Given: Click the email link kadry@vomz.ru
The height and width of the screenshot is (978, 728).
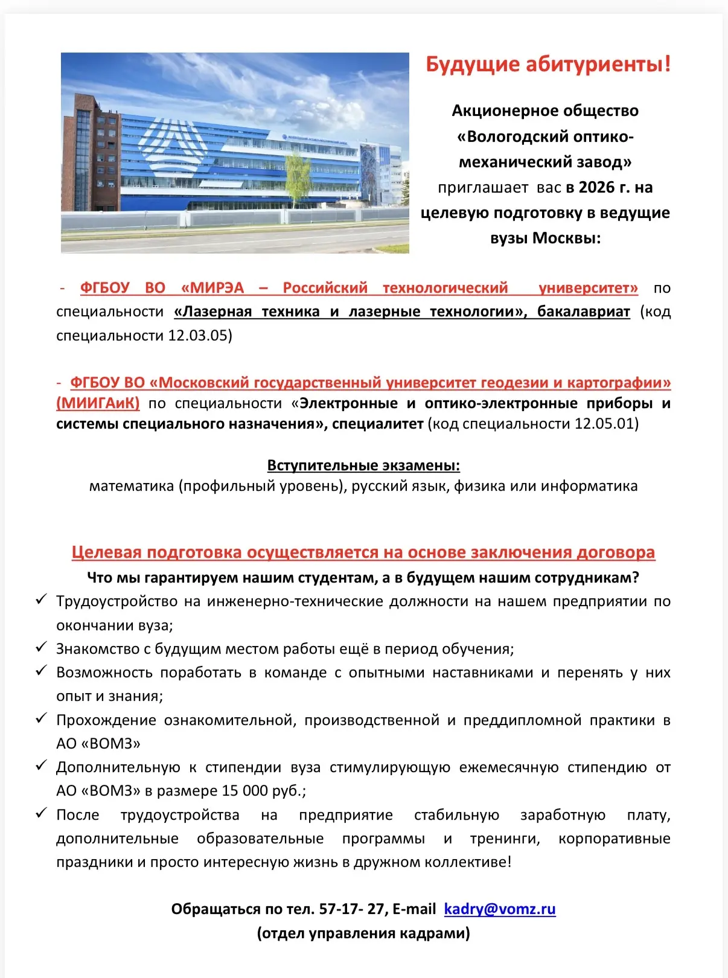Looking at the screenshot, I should pos(499,909).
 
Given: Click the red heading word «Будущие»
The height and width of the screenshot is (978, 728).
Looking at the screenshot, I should pos(473,64).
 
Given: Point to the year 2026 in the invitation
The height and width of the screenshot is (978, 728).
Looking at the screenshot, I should pos(596,187).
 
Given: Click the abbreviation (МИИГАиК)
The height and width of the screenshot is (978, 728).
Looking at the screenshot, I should pos(98,403).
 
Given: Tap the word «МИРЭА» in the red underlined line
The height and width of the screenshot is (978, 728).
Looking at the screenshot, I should pos(212,288).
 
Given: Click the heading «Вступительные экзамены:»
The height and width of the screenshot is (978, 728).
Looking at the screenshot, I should pos(363,465).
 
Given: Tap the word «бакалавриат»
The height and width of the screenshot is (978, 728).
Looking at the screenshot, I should pos(583,312).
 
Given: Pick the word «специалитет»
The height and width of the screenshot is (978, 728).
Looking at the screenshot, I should pos(378,423).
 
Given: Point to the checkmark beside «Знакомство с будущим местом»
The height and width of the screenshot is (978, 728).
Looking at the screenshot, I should pos(41,647).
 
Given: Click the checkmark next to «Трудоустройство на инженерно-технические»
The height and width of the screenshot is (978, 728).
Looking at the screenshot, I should pos(41,599).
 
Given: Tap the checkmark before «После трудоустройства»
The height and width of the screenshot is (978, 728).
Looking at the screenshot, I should pos(41,813).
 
